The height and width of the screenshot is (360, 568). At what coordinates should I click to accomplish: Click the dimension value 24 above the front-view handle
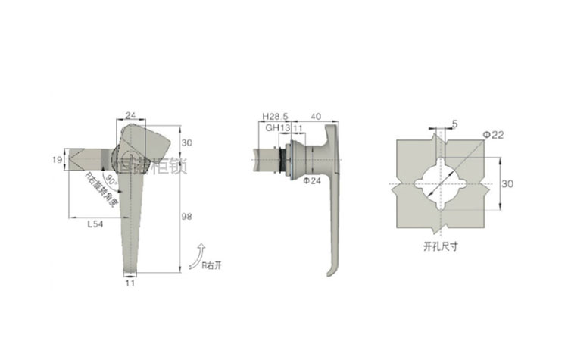130,115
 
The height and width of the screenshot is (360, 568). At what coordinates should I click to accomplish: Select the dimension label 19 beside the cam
57,160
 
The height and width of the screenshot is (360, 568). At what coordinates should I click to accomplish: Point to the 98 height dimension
187,217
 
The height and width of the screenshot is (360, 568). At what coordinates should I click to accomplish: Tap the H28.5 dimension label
275,116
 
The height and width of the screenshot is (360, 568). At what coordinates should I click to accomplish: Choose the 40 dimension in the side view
316,116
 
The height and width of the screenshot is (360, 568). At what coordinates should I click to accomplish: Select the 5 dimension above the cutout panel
454,123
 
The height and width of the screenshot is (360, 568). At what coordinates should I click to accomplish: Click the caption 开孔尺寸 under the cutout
441,246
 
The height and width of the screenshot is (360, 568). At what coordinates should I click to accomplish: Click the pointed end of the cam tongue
71,161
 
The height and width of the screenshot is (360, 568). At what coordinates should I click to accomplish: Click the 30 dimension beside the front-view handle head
187,142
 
